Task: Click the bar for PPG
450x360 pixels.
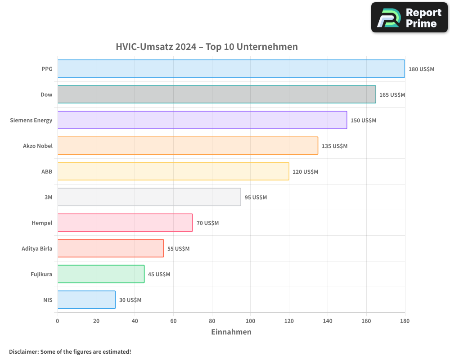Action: (x=231, y=69)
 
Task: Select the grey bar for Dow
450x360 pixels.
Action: (x=216, y=94)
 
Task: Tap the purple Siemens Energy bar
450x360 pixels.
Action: (x=202, y=120)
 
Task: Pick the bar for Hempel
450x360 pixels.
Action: (x=125, y=223)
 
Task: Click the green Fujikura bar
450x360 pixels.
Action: (x=101, y=274)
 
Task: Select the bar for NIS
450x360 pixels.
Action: (x=86, y=300)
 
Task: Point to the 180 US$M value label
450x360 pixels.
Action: (x=421, y=69)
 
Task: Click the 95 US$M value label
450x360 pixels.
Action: (x=256, y=198)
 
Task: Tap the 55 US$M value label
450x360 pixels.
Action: (x=178, y=249)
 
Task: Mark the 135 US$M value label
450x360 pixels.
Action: (x=334, y=146)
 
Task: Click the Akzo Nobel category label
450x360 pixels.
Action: (x=38, y=146)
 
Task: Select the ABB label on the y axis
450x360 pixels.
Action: (x=47, y=171)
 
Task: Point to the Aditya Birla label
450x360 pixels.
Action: (x=37, y=248)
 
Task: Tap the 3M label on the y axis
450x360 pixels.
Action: (x=48, y=197)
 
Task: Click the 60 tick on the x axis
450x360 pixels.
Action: (x=173, y=321)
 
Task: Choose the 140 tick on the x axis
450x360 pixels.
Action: (x=328, y=321)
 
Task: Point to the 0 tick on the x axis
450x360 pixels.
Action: (x=58, y=321)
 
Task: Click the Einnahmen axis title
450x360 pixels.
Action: (x=231, y=332)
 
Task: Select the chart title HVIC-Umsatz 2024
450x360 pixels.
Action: (x=207, y=47)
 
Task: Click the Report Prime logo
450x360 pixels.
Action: (x=409, y=18)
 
